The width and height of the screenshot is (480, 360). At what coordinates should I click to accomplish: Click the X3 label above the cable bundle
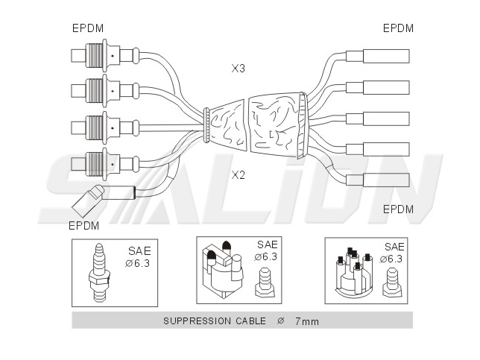[239, 69]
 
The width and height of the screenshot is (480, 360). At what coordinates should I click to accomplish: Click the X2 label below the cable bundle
[239, 175]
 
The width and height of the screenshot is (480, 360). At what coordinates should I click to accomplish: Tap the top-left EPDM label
[88, 28]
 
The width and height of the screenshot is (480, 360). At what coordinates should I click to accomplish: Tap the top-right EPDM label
[398, 28]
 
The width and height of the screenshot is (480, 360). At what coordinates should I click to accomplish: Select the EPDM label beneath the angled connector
[84, 226]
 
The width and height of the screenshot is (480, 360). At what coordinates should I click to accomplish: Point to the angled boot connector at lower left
[89, 200]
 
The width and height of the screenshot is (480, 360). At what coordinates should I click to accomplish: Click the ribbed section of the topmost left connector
[94, 55]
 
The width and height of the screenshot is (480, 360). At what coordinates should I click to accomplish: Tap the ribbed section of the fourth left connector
[94, 164]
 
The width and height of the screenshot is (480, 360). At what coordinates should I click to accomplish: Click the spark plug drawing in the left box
[98, 273]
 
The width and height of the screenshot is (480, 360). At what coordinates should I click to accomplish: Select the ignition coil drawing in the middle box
[223, 269]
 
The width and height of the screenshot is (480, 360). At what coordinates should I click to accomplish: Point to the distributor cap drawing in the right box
[355, 273]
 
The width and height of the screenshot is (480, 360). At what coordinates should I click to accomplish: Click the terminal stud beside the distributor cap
[392, 282]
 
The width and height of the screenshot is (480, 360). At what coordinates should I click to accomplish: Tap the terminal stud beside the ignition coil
[265, 282]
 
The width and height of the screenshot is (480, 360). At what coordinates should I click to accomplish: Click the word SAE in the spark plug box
[139, 251]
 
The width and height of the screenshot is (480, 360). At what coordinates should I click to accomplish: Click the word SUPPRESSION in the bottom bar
[197, 320]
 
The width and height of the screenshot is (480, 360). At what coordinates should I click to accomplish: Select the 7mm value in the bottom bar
[307, 321]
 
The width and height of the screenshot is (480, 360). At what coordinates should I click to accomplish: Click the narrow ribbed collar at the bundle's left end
[206, 125]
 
